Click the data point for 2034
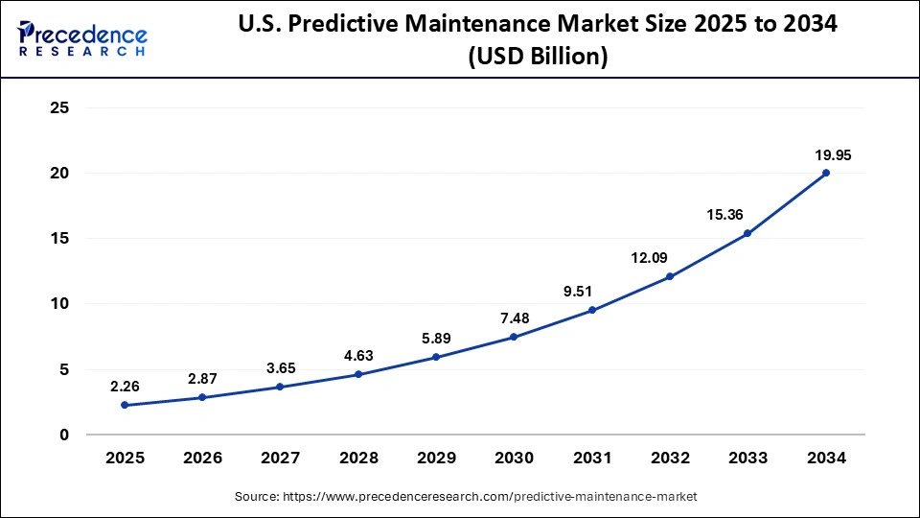(826, 173)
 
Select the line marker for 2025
(124, 405)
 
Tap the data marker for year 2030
(514, 337)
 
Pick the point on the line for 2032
(670, 276)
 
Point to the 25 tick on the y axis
(59, 108)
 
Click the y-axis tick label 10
(59, 304)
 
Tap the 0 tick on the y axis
(64, 435)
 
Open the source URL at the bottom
(466, 497)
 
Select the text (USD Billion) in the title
(538, 57)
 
